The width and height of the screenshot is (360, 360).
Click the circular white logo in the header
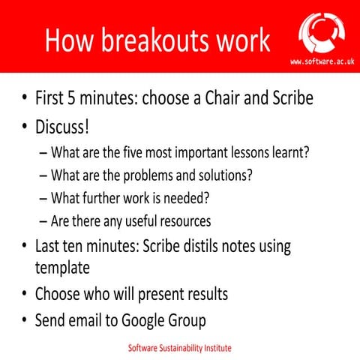click(322, 30)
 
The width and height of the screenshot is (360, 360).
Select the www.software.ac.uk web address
click(322, 61)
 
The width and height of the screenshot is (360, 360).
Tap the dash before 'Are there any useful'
click(43, 221)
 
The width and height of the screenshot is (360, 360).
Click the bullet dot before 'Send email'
click(24, 320)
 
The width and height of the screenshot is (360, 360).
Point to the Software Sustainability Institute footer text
click(179, 349)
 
